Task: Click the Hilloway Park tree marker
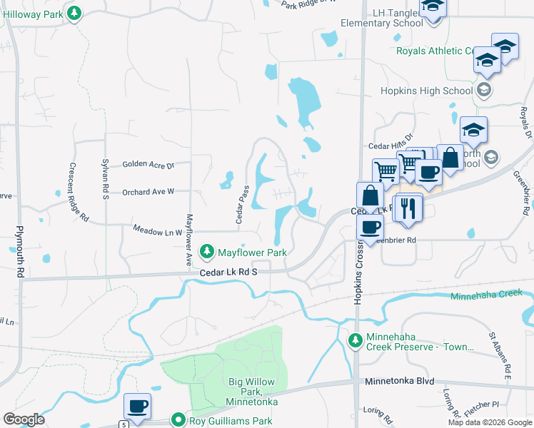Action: tap(74, 12)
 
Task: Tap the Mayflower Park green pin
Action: tap(207, 252)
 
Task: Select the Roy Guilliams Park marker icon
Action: tap(178, 421)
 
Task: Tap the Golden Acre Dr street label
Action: tap(148, 165)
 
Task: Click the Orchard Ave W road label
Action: tap(148, 192)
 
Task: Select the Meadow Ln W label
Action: tap(158, 230)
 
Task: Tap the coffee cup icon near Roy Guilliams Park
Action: tap(137, 407)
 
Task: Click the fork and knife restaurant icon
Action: tap(409, 208)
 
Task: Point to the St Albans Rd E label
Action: tap(499, 354)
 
